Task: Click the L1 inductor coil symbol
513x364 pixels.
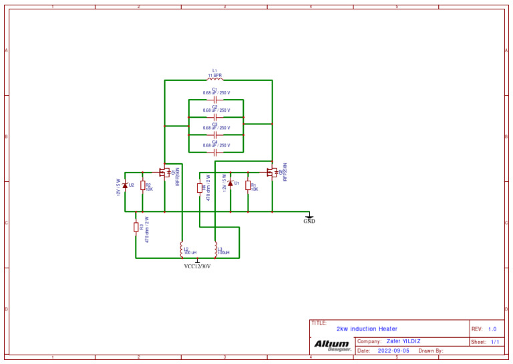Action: pyautogui.click(x=214, y=80)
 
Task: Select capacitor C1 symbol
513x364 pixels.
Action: pyautogui.click(x=215, y=100)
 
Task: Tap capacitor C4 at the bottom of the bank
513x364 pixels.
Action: pyautogui.click(x=215, y=152)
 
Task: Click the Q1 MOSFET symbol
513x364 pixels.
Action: pyautogui.click(x=164, y=172)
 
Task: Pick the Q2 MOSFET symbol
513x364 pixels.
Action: pyautogui.click(x=272, y=172)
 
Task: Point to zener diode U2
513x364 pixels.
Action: pyautogui.click(x=125, y=185)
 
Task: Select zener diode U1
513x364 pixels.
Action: pyautogui.click(x=230, y=183)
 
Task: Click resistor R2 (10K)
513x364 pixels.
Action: pyautogui.click(x=143, y=186)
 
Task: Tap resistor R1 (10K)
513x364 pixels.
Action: pyautogui.click(x=248, y=185)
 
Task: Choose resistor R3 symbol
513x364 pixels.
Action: pyautogui.click(x=136, y=227)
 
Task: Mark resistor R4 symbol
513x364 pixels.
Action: pyautogui.click(x=200, y=188)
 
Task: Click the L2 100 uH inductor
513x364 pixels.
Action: pyautogui.click(x=182, y=250)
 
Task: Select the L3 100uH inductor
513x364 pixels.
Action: pyautogui.click(x=215, y=250)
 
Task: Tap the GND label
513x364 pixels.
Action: pyautogui.click(x=309, y=221)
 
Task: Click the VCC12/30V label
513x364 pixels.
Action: pyautogui.click(x=197, y=266)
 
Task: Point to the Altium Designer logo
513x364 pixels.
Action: pyautogui.click(x=332, y=345)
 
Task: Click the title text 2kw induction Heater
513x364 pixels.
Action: pyautogui.click(x=367, y=329)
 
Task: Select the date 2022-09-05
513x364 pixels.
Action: pyautogui.click(x=394, y=351)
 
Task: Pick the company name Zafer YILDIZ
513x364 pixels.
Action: pyautogui.click(x=403, y=341)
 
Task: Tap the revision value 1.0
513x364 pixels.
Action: pyautogui.click(x=492, y=329)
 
